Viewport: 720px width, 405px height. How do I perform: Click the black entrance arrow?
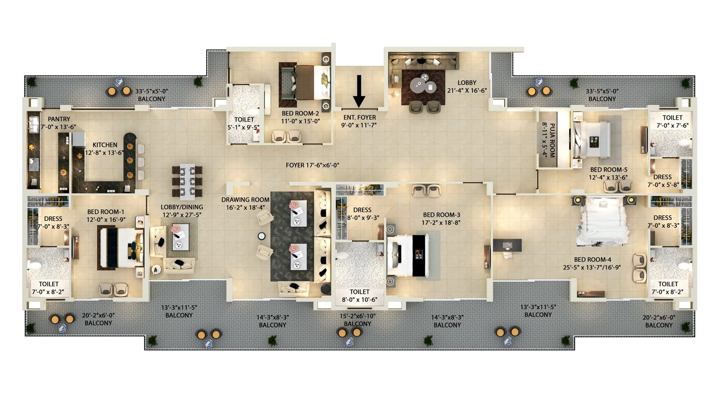pos(359,91)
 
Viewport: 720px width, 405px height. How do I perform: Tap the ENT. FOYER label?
pos(360,117)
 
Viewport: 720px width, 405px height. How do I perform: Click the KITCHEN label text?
pos(105,145)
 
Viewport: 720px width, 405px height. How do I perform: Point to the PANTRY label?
pos(59,119)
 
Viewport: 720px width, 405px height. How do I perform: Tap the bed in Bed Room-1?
pos(121,247)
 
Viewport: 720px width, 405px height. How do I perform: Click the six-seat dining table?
pos(187,182)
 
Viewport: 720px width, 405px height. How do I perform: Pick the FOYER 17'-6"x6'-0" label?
pos(312,165)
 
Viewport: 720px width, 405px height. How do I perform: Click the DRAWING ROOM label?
pos(245,200)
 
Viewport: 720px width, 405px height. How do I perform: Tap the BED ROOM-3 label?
pos(441,215)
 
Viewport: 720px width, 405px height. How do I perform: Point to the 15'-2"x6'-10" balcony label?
pos(357,316)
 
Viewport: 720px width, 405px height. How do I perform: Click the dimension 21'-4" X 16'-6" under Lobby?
pos(467,90)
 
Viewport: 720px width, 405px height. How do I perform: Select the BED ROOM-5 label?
pos(608,170)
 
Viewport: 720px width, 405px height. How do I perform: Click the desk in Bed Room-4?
pos(507,245)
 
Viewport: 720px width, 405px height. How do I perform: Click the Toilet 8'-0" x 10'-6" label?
pos(360,296)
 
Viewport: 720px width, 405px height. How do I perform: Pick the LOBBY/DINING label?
pos(182,207)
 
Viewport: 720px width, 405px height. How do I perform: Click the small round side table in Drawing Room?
pos(261,236)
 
